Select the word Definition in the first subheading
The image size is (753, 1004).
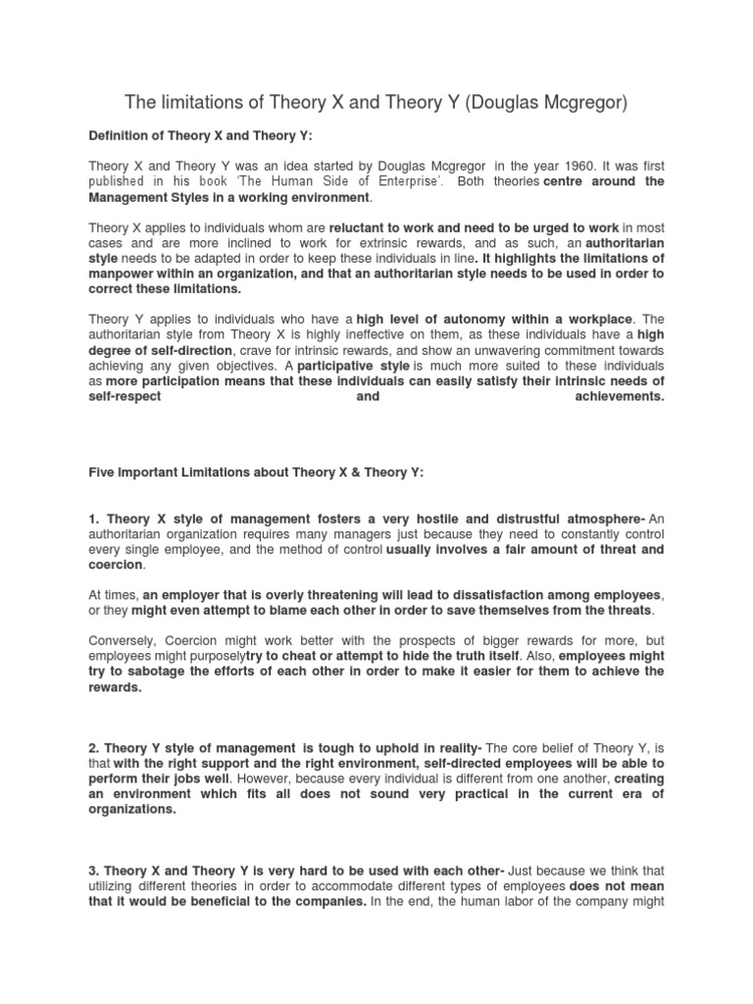click(x=122, y=136)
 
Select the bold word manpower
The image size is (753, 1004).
click(x=125, y=274)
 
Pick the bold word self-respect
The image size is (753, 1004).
click(x=125, y=397)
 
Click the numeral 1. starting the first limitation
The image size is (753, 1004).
click(x=94, y=518)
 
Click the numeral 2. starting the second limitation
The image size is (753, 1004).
click(x=94, y=748)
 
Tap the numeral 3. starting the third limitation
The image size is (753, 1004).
click(x=94, y=871)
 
